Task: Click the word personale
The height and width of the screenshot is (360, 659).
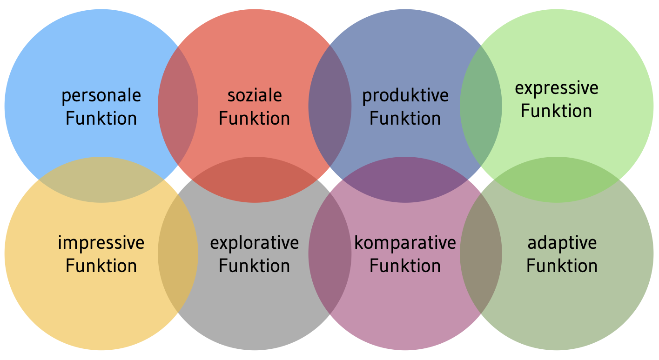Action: tap(101, 96)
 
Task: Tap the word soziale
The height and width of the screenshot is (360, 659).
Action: tap(255, 95)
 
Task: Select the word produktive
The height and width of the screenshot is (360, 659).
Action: tap(405, 96)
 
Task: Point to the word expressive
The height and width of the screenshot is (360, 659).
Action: tap(557, 88)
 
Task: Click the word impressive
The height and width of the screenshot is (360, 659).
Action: tap(101, 243)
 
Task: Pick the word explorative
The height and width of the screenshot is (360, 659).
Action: tap(255, 243)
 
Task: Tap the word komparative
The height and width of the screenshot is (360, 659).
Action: tap(405, 243)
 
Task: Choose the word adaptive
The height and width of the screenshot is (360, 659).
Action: tap(562, 243)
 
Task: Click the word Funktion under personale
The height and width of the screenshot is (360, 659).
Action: tap(101, 119)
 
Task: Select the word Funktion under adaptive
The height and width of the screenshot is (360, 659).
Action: tap(562, 266)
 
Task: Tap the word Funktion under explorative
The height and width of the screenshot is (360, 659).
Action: tap(255, 266)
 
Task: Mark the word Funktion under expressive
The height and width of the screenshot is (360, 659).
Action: tap(557, 111)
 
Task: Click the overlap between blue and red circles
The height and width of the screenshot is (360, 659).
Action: tap(178, 106)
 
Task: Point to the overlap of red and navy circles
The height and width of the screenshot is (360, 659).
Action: tap(329, 106)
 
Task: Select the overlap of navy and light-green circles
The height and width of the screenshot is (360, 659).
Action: tap(481, 106)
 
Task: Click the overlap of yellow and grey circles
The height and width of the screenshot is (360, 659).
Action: tap(178, 253)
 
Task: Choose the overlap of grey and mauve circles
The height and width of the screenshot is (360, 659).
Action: tap(329, 253)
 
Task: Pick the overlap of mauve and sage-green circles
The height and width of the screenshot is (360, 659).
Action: tap(481, 253)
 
